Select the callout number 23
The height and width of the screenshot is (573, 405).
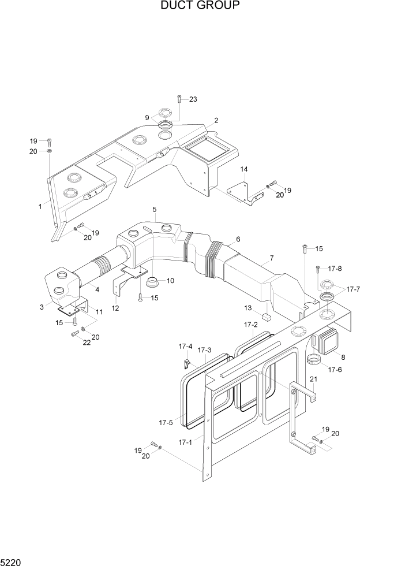(x=193, y=99)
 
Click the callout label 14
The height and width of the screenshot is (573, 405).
(x=244, y=169)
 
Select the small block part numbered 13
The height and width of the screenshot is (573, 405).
(x=266, y=317)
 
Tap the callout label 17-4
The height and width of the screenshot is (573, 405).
(x=185, y=347)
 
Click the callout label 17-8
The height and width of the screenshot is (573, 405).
(x=335, y=269)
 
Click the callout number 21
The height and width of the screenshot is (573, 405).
(x=313, y=379)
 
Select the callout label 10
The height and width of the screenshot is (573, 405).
(x=170, y=281)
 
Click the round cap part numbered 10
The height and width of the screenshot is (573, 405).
(x=154, y=282)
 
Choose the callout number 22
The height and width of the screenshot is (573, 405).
(x=72, y=343)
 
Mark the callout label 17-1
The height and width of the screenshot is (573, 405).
(x=185, y=442)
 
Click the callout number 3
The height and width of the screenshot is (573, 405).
(x=42, y=307)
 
